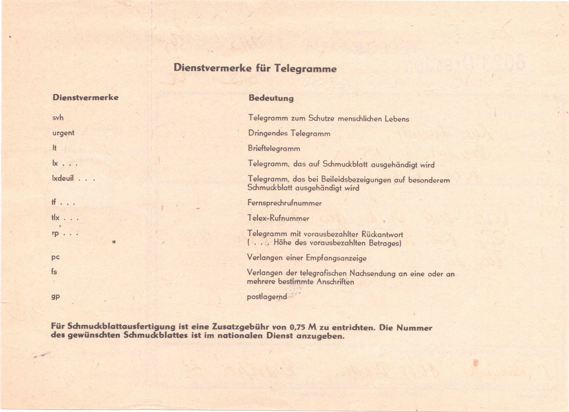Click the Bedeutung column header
click(271, 98)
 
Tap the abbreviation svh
click(58, 117)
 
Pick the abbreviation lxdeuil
click(63, 178)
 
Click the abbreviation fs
click(54, 272)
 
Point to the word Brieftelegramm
click(274, 148)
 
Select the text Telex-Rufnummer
click(278, 218)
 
